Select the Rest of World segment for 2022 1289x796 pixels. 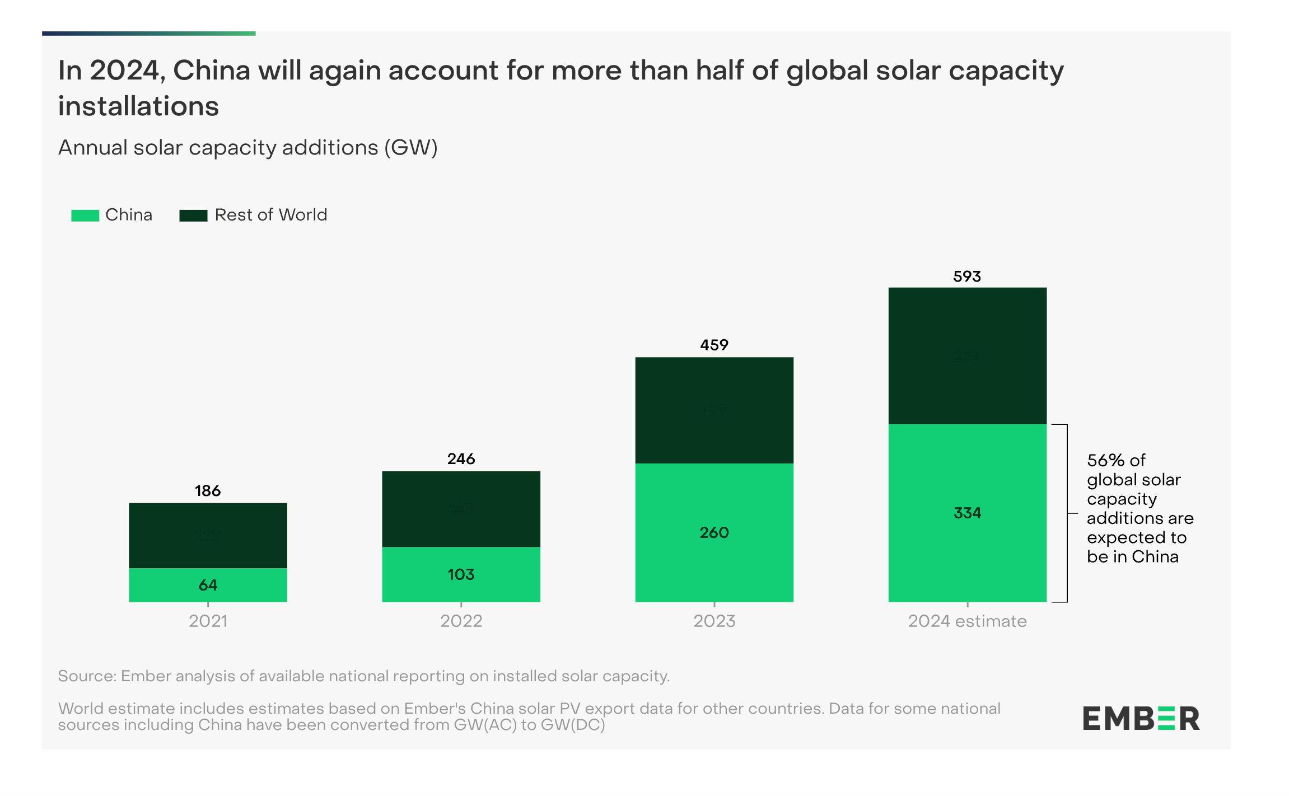click(x=461, y=509)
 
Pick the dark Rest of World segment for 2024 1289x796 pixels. click(x=967, y=355)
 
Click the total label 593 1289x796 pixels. click(x=967, y=277)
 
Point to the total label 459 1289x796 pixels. click(x=714, y=345)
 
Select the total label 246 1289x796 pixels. click(x=461, y=459)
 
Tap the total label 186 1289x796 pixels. click(x=208, y=491)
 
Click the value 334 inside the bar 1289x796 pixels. click(x=967, y=513)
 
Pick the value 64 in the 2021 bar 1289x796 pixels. click(x=208, y=585)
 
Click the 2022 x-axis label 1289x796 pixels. click(x=461, y=621)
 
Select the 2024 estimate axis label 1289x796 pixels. click(x=967, y=621)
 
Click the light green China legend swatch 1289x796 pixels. click(x=85, y=216)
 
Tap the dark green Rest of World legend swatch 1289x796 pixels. click(x=193, y=216)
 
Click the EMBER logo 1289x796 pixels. click(x=1141, y=719)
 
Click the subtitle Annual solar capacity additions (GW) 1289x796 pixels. click(x=247, y=148)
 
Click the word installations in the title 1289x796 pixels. click(x=138, y=106)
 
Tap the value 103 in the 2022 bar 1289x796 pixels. click(x=461, y=574)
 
